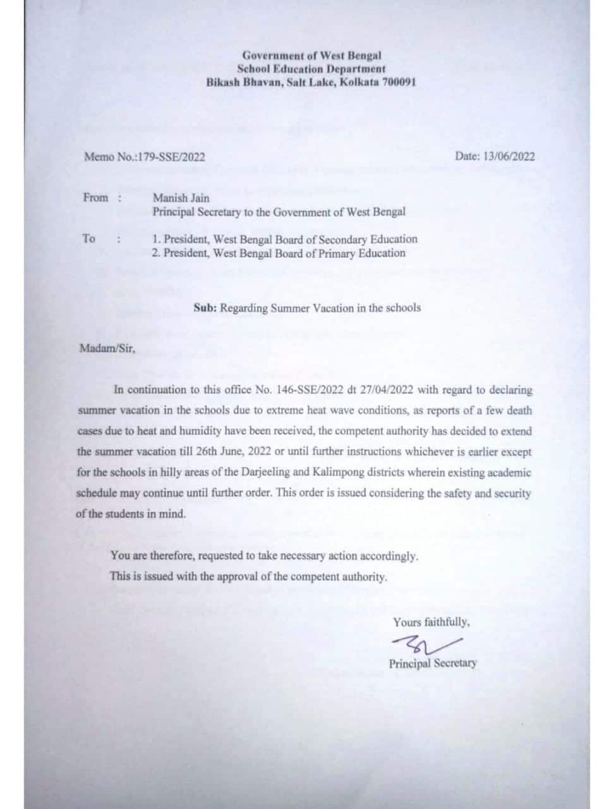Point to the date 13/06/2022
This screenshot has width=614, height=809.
[x=508, y=156]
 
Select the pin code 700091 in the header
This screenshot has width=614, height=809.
[x=399, y=82]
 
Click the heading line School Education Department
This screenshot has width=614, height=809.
[x=311, y=69]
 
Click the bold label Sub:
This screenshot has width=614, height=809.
[x=205, y=308]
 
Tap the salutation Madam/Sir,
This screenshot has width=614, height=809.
[x=107, y=348]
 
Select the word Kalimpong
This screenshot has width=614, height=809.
[x=391, y=473]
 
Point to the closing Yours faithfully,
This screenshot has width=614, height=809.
[x=431, y=622]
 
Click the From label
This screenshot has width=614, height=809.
[x=96, y=198]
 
